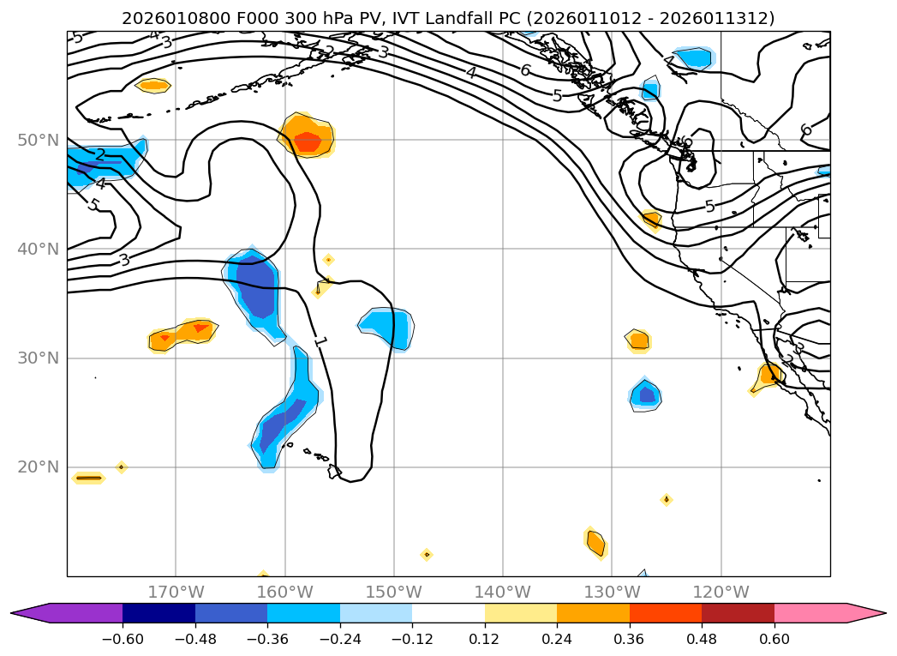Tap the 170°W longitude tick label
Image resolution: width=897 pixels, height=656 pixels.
pyautogui.click(x=176, y=592)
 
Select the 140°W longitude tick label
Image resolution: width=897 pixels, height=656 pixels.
pyautogui.click(x=503, y=592)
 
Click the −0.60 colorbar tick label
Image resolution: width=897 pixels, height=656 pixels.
pyautogui.click(x=123, y=639)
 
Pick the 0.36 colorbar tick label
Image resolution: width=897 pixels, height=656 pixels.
pyautogui.click(x=630, y=639)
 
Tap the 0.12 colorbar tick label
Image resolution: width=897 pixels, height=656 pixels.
pyautogui.click(x=485, y=639)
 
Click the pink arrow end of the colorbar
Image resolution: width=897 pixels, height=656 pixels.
pyautogui.click(x=865, y=612)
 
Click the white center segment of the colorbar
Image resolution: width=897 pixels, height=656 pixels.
pyautogui.click(x=448, y=612)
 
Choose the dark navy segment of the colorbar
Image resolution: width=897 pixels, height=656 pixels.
pyautogui.click(x=158, y=612)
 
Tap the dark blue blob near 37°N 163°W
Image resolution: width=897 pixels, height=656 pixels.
pyautogui.click(x=255, y=286)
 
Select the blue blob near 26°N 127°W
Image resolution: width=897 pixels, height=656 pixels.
pyautogui.click(x=646, y=394)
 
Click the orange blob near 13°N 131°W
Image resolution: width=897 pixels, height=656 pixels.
pyautogui.click(x=595, y=543)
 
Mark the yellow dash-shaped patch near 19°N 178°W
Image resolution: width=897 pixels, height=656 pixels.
pyautogui.click(x=88, y=478)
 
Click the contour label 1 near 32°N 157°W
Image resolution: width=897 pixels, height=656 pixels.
pyautogui.click(x=320, y=341)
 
